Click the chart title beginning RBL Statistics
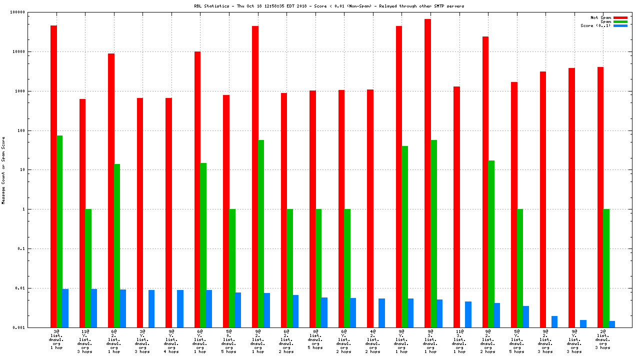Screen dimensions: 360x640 point(329,6)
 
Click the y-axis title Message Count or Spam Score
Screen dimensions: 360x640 point(3,170)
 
